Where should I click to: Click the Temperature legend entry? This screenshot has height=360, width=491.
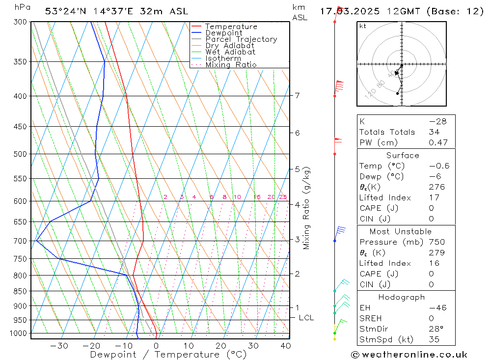231,27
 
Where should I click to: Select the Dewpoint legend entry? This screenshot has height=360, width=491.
223,33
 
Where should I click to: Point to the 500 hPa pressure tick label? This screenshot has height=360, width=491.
20,154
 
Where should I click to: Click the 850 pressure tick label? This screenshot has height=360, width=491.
20,291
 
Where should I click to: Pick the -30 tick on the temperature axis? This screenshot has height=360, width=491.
59,346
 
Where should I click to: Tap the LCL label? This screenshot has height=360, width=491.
306,318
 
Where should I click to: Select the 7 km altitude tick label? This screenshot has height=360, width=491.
298,95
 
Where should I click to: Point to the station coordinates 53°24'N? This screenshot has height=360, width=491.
63,11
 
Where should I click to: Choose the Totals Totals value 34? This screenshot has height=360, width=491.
434,132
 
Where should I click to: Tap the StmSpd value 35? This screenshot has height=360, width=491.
434,339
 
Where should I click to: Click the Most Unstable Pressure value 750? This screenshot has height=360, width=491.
436,242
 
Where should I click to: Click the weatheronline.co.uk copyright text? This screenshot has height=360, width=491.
409,355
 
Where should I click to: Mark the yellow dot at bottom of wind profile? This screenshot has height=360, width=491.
335,339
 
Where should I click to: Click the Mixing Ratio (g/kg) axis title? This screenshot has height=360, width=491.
307,208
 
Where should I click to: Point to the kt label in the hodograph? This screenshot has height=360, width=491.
362,26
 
